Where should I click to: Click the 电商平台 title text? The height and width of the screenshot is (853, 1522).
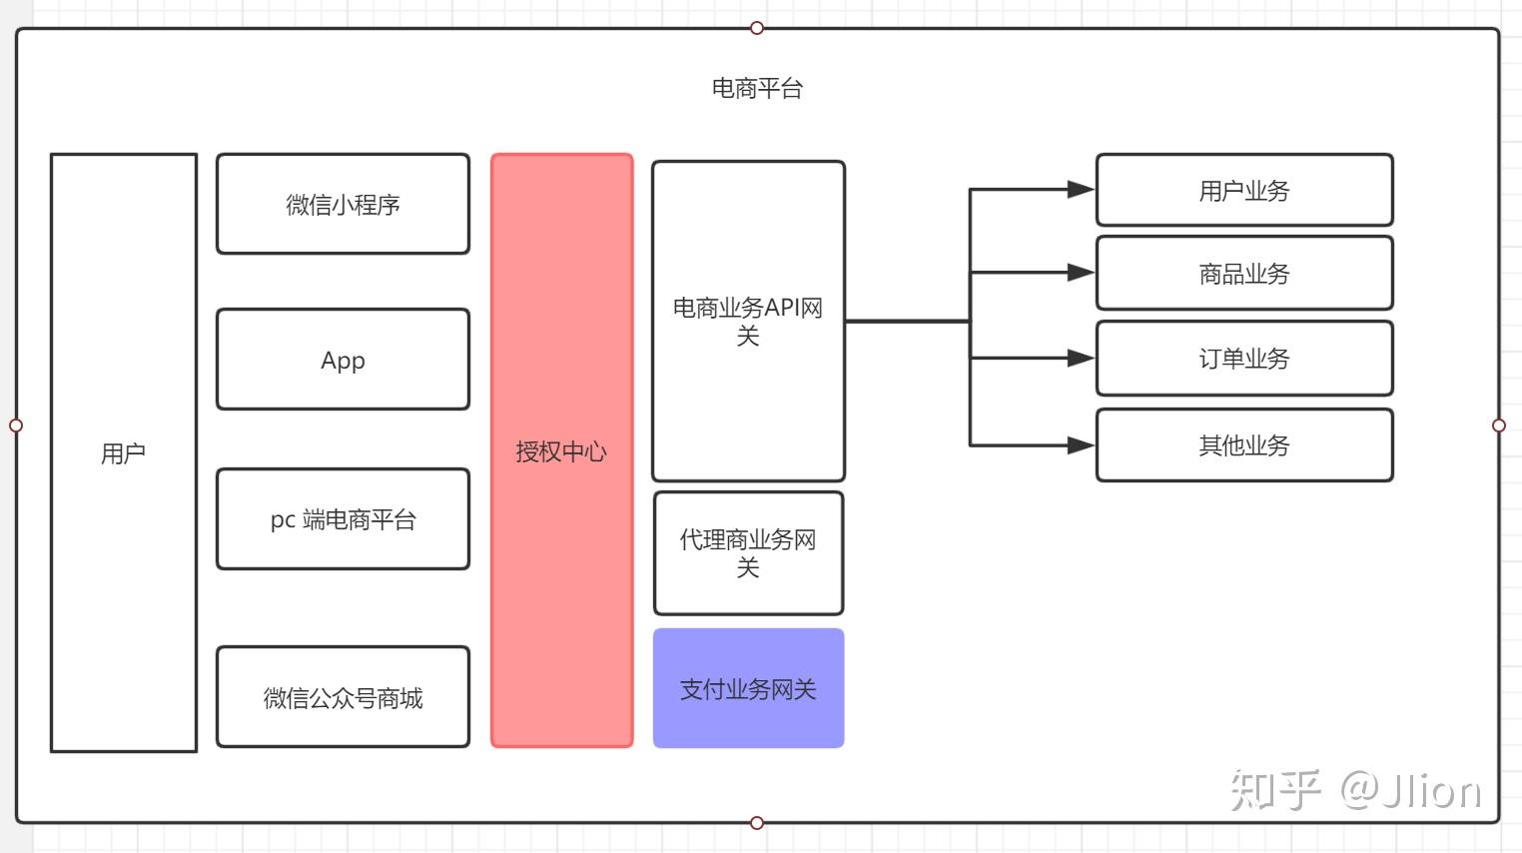coord(757,89)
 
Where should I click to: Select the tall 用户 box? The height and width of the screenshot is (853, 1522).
coord(124,452)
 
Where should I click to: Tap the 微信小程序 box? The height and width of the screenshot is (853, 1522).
coord(343,204)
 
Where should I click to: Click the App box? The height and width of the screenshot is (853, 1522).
coord(343,360)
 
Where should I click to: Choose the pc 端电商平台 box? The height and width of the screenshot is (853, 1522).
coord(343,519)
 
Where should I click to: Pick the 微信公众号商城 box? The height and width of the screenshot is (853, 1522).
coord(343,697)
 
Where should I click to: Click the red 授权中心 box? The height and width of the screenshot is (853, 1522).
coord(561,450)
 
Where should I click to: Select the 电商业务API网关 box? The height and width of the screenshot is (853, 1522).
coord(748,321)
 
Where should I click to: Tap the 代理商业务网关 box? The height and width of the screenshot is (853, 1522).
coord(748,552)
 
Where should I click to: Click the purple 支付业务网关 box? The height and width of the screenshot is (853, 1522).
coord(748,688)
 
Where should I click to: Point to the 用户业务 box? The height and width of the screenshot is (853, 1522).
coord(1244,190)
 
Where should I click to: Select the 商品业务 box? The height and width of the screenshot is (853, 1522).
coord(1244,273)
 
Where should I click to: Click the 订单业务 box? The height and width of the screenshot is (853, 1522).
coord(1244,358)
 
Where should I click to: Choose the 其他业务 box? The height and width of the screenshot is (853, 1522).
coord(1244,444)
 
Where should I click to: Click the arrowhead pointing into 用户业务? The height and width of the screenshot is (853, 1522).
coord(1081,189)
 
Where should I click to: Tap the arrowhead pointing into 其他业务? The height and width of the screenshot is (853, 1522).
coord(1081,445)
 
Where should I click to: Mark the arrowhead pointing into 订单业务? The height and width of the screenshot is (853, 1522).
coord(1081,358)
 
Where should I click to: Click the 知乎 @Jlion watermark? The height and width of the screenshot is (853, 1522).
coord(1355,791)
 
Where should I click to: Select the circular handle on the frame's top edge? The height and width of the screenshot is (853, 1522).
coord(757,28)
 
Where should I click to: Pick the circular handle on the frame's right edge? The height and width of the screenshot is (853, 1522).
coord(1498,426)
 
